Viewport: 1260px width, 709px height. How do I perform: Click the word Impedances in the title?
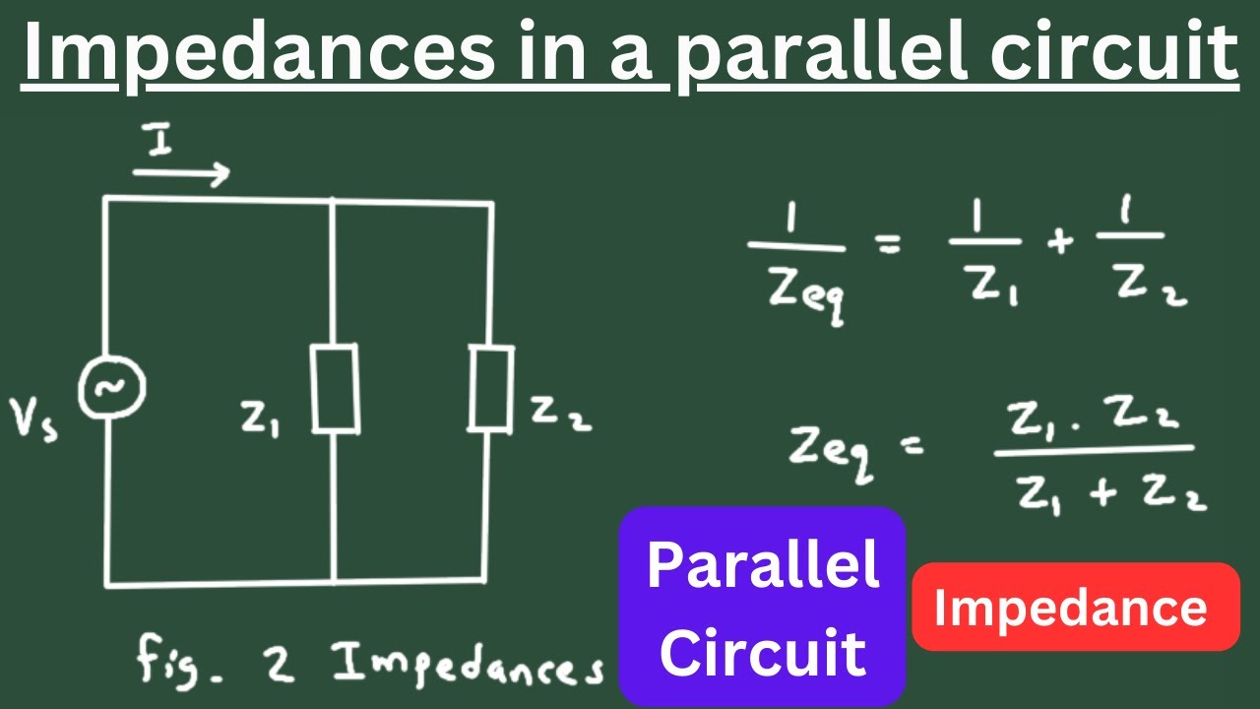click(x=259, y=52)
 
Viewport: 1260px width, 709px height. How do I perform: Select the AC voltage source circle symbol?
click(x=112, y=387)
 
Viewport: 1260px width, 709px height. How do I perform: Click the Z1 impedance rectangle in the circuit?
click(x=336, y=388)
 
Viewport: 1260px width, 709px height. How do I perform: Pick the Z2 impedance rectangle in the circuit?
click(x=491, y=389)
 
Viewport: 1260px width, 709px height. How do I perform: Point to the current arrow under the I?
click(x=181, y=173)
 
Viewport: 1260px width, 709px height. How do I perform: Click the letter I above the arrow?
click(x=159, y=139)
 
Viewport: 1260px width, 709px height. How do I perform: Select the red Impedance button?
click(x=1076, y=607)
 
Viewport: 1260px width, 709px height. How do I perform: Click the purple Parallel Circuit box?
click(x=762, y=606)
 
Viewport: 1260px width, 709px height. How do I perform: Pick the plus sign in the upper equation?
click(x=1060, y=242)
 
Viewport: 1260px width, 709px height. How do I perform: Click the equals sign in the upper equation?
click(x=889, y=243)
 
